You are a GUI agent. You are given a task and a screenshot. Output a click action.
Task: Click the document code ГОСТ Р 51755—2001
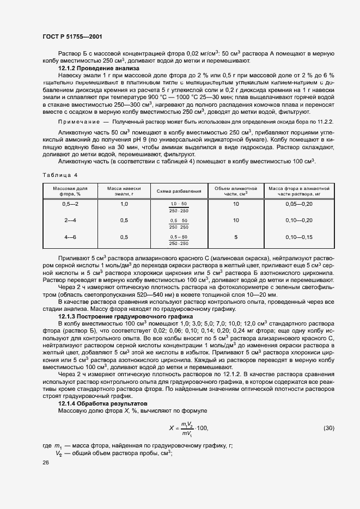(72, 36)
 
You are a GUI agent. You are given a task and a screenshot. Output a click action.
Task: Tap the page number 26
(46, 463)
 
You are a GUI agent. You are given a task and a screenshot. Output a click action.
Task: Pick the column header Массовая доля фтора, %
(70, 191)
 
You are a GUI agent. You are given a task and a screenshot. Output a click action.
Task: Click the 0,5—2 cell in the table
(70, 204)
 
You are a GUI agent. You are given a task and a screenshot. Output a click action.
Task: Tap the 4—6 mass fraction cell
(70, 237)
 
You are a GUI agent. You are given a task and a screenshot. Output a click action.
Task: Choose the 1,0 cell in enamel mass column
(124, 204)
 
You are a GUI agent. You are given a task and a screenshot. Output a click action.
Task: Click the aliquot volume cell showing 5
(235, 237)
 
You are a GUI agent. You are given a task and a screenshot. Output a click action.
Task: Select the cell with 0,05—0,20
(299, 204)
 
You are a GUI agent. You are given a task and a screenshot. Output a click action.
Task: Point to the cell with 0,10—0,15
(299, 237)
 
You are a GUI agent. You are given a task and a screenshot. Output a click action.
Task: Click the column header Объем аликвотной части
(235, 191)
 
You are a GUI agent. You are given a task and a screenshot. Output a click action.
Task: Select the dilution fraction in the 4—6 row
(179, 240)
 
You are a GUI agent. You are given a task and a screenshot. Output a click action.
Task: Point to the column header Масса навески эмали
(124, 191)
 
